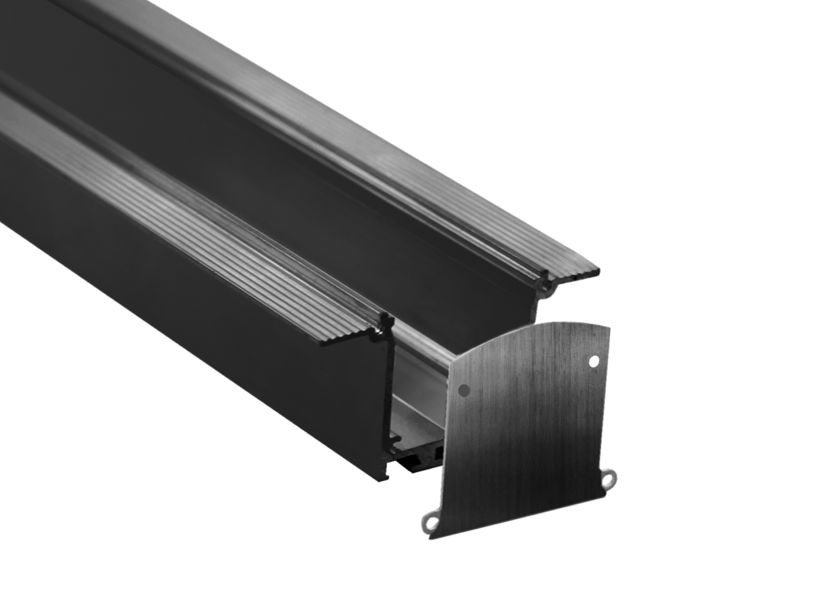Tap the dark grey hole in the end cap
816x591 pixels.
click(x=464, y=391)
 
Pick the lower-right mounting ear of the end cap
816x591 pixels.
click(x=609, y=477)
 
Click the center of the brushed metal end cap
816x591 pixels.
click(x=527, y=428)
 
